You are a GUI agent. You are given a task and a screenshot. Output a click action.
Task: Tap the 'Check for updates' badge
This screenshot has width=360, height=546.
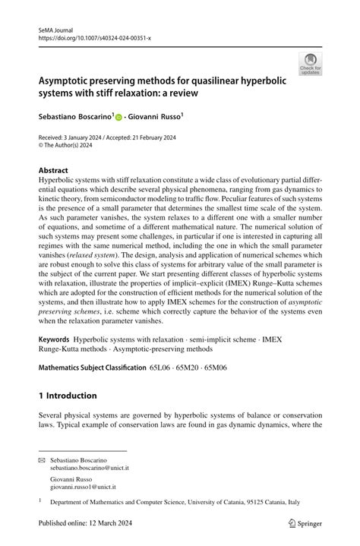click(310, 64)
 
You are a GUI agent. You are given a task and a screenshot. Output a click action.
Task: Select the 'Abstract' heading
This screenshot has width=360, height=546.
click(53, 170)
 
